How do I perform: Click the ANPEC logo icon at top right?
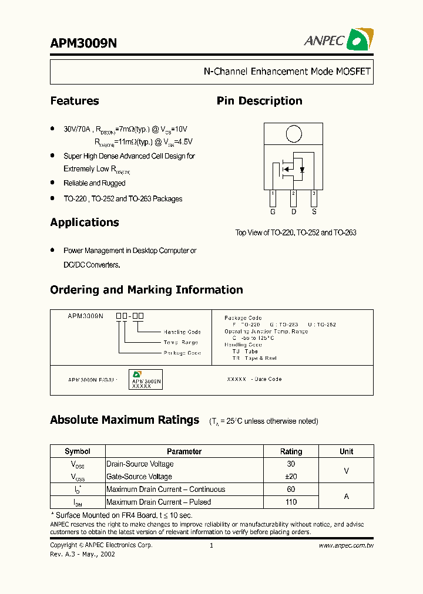pos(360,40)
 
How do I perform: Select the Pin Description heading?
pos(259,101)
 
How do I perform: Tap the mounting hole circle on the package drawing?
pos(293,134)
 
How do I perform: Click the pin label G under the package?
pos(273,211)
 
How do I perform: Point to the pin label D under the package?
pos(293,211)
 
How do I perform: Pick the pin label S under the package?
pos(314,211)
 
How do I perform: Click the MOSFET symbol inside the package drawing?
pos(292,168)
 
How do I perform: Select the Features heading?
pos(75,101)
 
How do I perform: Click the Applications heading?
pos(85,222)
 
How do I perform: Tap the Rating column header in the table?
pos(291,451)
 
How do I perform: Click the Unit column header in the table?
pos(346,451)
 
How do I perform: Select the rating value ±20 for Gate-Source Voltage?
pos(291,477)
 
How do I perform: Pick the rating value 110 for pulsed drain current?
pos(291,502)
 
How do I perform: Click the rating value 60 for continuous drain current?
pos(291,489)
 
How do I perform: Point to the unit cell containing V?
pos(346,470)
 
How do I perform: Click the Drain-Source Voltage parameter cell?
pos(140,464)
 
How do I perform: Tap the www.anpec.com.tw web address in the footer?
pos(346,545)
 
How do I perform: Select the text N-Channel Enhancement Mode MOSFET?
pos(287,72)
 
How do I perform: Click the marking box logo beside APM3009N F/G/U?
pos(137,374)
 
